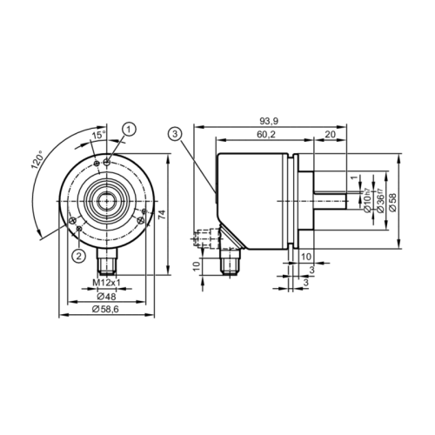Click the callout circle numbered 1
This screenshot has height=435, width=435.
(130, 129)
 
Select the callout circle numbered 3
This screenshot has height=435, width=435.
(176, 133)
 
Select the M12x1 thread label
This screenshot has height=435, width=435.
(105, 284)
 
